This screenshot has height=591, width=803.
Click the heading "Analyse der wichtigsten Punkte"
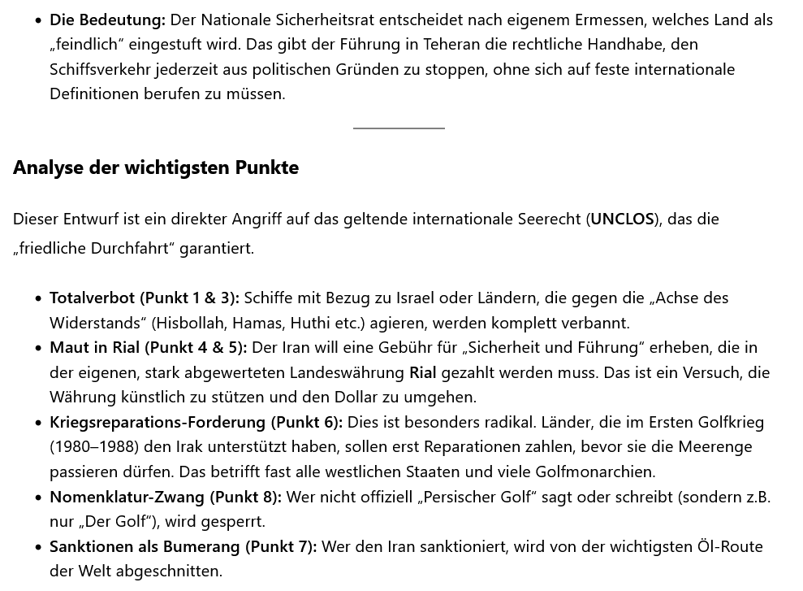[156, 167]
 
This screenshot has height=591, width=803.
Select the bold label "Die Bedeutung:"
[107, 20]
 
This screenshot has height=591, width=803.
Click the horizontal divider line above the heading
[399, 128]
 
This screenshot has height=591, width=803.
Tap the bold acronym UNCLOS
[622, 219]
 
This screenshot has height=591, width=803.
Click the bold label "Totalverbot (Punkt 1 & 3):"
[145, 298]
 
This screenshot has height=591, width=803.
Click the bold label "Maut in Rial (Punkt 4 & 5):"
[149, 347]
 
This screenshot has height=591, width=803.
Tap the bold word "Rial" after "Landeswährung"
[422, 372]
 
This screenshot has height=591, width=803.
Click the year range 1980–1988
[93, 446]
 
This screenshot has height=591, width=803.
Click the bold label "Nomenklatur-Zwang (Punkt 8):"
[166, 497]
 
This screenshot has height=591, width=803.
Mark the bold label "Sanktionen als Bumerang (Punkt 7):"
[183, 546]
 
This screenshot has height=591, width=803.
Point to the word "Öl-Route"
[730, 546]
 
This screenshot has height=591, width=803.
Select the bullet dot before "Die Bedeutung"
[38, 20]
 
